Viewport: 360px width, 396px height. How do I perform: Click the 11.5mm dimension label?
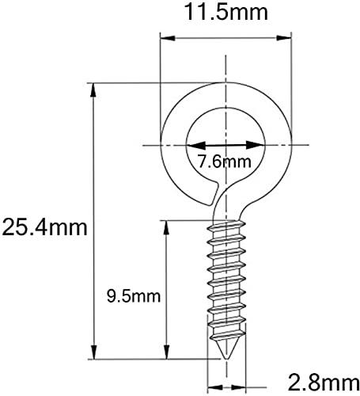[226, 12]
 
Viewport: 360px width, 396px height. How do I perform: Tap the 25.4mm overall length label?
[44, 227]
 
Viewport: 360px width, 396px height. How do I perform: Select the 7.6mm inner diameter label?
[225, 162]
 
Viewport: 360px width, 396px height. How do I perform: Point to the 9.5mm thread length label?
[134, 296]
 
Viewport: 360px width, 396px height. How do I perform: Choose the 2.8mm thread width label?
[323, 383]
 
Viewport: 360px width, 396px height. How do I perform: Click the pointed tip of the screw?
[225, 359]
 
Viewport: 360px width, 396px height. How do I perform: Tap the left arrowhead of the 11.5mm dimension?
[168, 38]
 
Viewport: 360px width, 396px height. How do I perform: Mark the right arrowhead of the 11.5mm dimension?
[284, 38]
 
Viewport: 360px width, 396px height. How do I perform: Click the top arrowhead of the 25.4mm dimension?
[93, 90]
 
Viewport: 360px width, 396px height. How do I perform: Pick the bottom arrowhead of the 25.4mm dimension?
[93, 352]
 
